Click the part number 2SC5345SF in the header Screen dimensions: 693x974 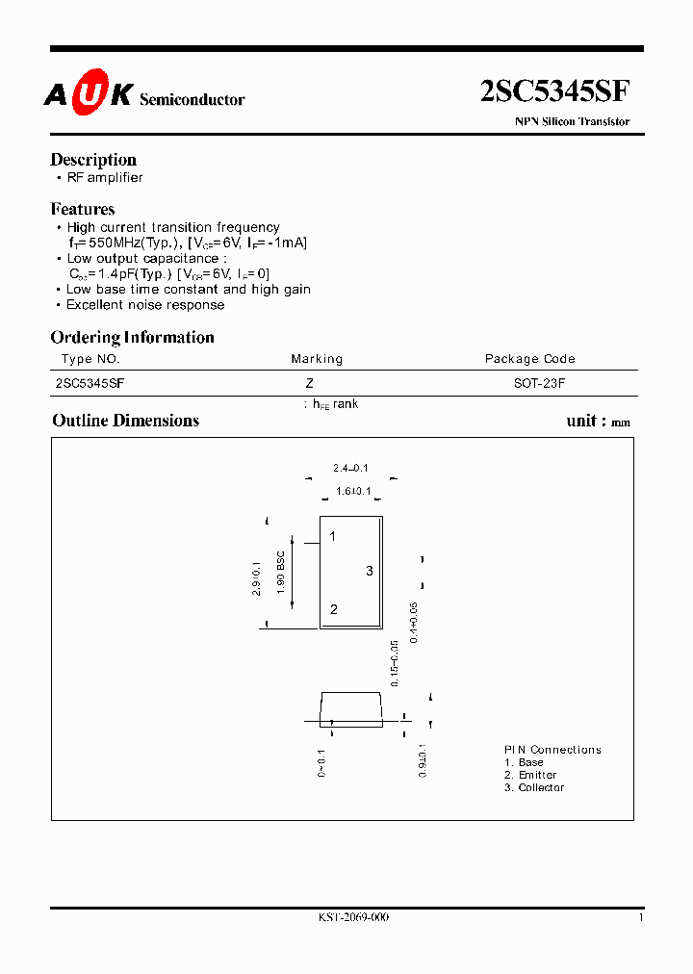[554, 91]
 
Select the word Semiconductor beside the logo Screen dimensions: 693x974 [192, 99]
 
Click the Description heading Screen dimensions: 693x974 [93, 160]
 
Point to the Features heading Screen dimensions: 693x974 [83, 209]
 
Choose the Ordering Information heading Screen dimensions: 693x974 [132, 337]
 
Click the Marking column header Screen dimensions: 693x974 [317, 359]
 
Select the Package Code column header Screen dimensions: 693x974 [529, 359]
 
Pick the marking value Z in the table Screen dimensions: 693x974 [309, 382]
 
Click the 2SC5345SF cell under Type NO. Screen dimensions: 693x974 [90, 382]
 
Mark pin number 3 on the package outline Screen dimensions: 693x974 [369, 572]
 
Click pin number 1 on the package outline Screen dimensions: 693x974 [333, 536]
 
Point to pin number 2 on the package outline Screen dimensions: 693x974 [333, 609]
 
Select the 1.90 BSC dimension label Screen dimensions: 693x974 [281, 572]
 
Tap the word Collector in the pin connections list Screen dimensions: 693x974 [541, 788]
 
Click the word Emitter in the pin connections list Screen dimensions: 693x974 [537, 775]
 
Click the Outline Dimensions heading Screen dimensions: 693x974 [125, 421]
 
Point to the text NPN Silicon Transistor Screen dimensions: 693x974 [572, 122]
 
